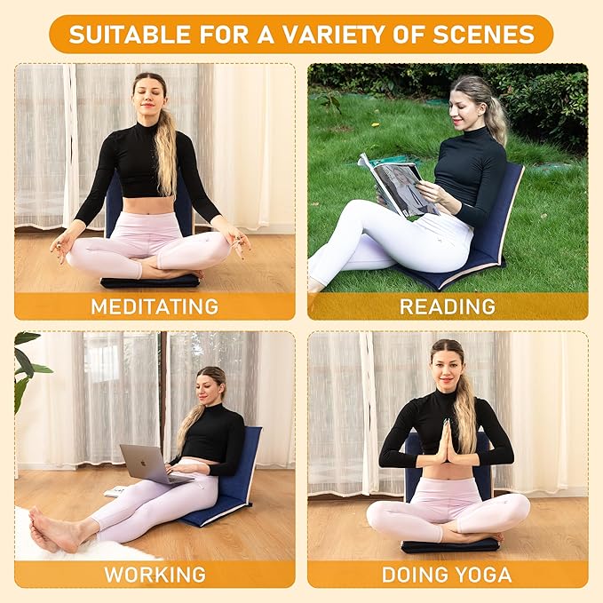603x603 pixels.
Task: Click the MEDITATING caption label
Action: (x=155, y=307)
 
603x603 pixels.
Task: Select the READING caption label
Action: (x=448, y=307)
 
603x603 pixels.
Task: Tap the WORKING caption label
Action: (x=155, y=574)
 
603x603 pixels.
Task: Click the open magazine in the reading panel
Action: (x=395, y=183)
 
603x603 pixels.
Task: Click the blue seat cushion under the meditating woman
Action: (x=149, y=282)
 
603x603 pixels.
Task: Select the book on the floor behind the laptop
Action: (x=115, y=490)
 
